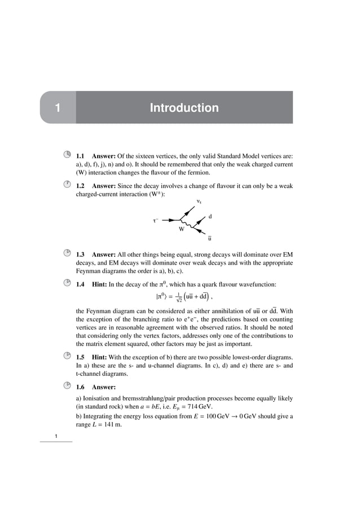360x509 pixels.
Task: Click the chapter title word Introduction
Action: pyautogui.click(x=184, y=108)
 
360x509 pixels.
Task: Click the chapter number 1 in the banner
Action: pyautogui.click(x=57, y=108)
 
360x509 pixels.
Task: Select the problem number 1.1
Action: pyautogui.click(x=80, y=155)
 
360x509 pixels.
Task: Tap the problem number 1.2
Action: pyautogui.click(x=80, y=186)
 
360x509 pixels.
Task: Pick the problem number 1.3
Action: pyautogui.click(x=80, y=254)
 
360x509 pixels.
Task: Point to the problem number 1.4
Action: pyautogui.click(x=80, y=284)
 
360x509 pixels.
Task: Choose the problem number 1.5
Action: pyautogui.click(x=80, y=357)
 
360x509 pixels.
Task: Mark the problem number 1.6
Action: pyautogui.click(x=80, y=387)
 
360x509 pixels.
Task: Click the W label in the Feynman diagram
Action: pyautogui.click(x=182, y=230)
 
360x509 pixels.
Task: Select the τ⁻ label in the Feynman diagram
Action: pyautogui.click(x=155, y=221)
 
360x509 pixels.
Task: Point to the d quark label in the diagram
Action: pyautogui.click(x=210, y=216)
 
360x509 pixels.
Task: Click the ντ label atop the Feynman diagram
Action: pyautogui.click(x=199, y=201)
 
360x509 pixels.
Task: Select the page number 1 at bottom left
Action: pyautogui.click(x=56, y=437)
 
